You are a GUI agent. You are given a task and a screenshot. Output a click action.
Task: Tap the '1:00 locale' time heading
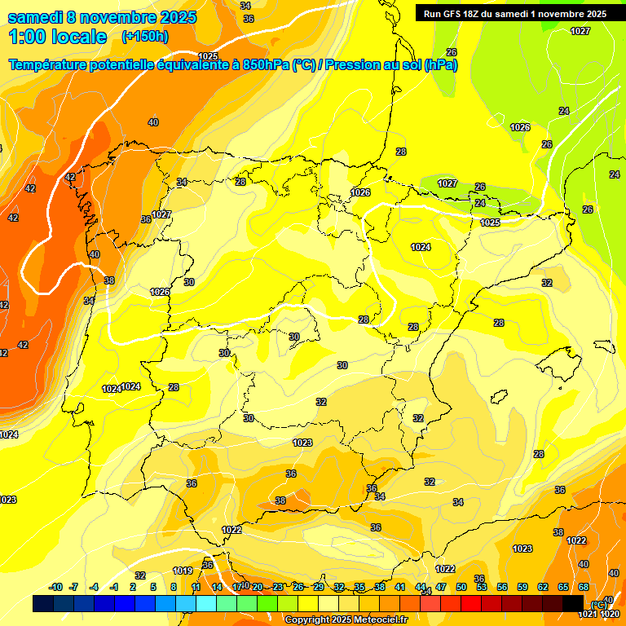[58, 37]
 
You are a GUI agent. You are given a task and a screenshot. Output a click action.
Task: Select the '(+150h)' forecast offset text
[144, 37]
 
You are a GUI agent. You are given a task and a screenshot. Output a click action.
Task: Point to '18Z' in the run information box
[478, 14]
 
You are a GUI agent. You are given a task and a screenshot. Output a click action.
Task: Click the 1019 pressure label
[183, 571]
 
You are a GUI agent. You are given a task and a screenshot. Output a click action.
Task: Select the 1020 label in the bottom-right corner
[610, 614]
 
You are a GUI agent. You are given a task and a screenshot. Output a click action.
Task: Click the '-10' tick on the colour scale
[55, 587]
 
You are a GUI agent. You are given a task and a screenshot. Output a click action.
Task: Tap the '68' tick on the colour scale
[584, 587]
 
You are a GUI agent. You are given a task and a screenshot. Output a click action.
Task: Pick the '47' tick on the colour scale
[440, 587]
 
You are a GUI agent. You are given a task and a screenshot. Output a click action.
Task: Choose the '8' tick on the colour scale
[174, 587]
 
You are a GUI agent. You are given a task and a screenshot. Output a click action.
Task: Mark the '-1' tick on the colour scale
[114, 587]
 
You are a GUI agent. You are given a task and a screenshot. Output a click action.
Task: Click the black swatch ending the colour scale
[573, 603]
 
